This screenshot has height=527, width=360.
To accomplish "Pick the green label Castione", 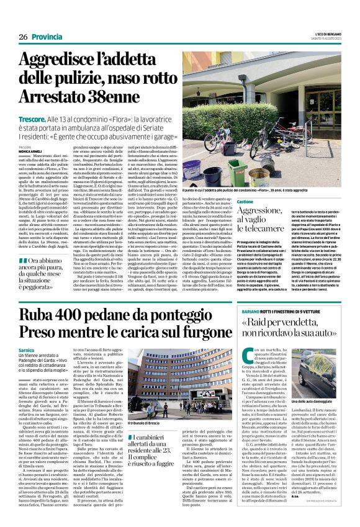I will click(245, 202).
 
